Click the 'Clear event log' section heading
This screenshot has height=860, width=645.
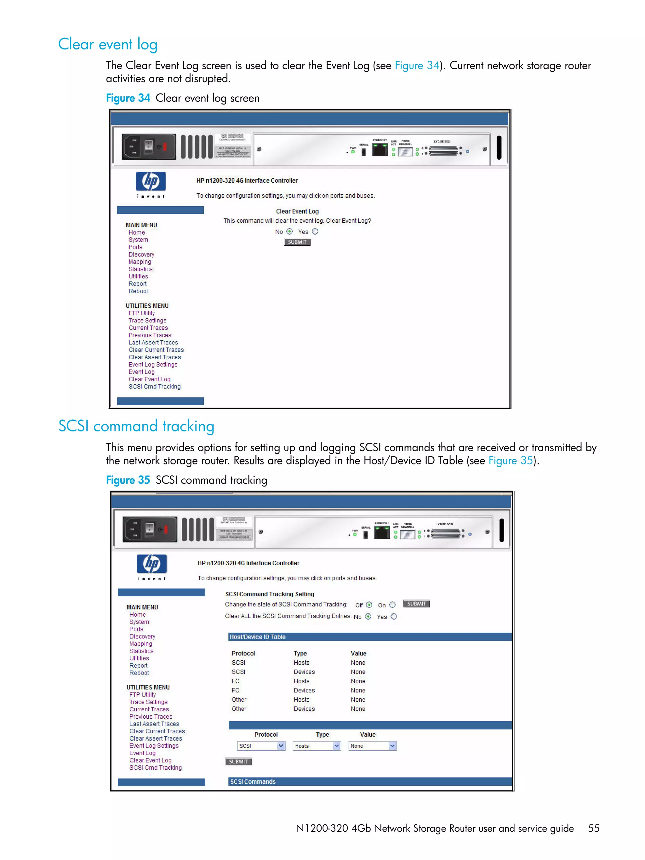tap(108, 44)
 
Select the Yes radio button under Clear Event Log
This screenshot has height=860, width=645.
tap(315, 231)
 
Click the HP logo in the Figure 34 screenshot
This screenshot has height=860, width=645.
tap(151, 182)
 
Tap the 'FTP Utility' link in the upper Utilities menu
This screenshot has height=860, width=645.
tap(141, 313)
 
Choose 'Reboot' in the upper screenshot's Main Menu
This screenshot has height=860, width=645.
tap(138, 291)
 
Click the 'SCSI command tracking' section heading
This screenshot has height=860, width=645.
tap(136, 426)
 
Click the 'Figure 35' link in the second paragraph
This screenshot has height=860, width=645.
tap(510, 461)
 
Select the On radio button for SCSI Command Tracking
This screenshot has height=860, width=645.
tap(392, 605)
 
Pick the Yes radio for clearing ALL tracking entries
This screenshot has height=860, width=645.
tap(394, 617)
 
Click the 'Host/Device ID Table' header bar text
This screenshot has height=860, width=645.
tap(257, 637)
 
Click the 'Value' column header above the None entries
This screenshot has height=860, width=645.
tap(358, 653)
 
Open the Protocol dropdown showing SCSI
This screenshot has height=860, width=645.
tap(261, 746)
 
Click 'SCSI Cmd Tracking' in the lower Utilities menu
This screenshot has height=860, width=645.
tap(156, 768)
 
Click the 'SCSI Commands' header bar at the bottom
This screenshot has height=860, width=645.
tap(253, 782)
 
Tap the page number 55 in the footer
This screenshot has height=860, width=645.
tap(593, 829)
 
